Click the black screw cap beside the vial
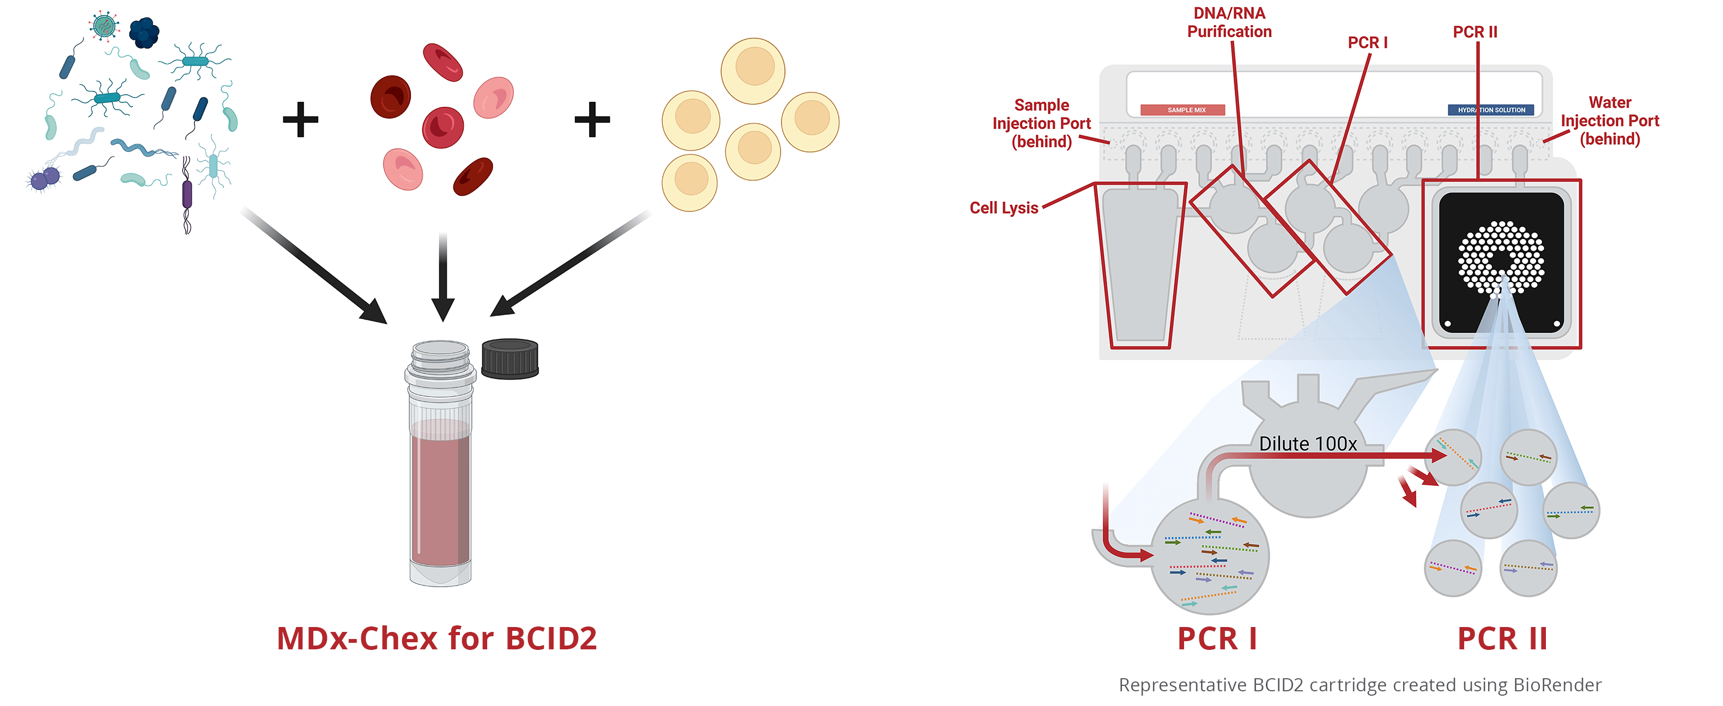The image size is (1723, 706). pos(509,359)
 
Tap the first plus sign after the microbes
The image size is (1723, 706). pos(300,120)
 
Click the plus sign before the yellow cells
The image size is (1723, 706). pos(592,120)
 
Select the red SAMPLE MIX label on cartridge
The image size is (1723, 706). pos(1182,109)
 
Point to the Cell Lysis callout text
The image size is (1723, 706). pos(1003,208)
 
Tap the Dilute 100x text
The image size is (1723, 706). pos(1307,444)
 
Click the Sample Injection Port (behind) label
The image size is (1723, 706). pos(1041,124)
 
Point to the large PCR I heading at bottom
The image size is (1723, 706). pos(1217,638)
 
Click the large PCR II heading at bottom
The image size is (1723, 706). pos(1502,638)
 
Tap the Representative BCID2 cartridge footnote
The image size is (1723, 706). pos(1359,685)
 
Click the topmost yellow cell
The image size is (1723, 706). pos(753,70)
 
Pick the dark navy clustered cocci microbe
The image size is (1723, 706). pos(143,32)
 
